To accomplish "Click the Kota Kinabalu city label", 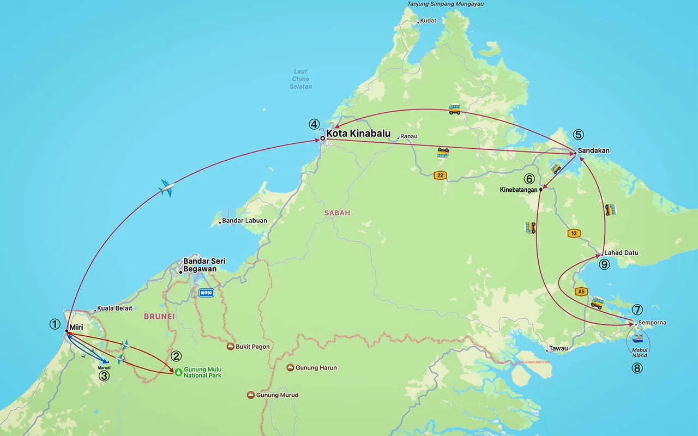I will pos(358,133).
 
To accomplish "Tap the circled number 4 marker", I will pos(314,124).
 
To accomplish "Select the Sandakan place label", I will pos(593,150).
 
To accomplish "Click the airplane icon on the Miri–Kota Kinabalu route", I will pos(166,188).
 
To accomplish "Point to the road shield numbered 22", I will pos(440,175).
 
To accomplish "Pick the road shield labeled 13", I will pos(574,233).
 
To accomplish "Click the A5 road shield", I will pos(581,292).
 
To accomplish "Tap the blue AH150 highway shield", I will pos(206,293).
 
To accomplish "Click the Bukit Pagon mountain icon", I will pos(231,347).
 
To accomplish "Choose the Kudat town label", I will pos(429,22).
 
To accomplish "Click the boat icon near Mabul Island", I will pos(637,338).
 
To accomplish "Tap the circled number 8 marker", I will pos(637,368).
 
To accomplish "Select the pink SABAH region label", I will pos(337,213).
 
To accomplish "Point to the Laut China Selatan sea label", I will pos(300,79).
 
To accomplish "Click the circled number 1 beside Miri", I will pos(55,324).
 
